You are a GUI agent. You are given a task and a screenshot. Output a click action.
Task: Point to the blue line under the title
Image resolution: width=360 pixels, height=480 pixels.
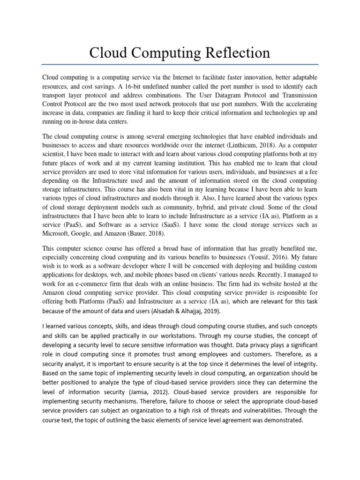pyautogui.click(x=180, y=64)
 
